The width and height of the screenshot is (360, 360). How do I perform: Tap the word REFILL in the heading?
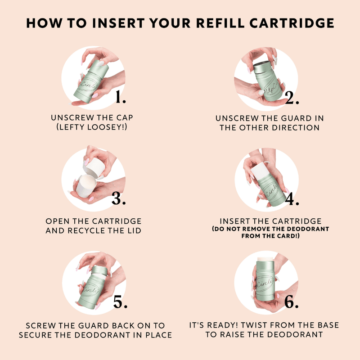tap(220, 23)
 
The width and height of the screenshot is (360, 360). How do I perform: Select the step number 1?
tap(121, 97)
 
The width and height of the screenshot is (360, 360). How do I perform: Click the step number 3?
tap(119, 198)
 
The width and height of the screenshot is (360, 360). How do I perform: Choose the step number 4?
tap(292, 198)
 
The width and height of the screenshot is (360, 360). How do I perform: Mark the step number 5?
tap(120, 301)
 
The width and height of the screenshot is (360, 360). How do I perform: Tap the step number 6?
tap(291, 301)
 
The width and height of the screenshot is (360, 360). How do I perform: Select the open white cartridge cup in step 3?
tap(85, 185)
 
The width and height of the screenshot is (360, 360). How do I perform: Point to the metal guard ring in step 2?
tap(263, 67)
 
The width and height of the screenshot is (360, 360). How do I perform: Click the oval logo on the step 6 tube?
tap(265, 283)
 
